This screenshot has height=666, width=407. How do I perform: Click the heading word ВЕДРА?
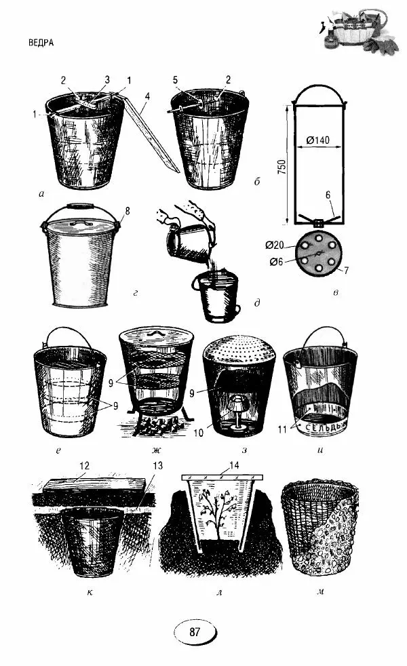[41, 43]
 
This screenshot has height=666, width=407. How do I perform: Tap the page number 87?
[194, 631]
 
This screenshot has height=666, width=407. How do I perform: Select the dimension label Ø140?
[317, 140]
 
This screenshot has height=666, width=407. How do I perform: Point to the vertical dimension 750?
[284, 168]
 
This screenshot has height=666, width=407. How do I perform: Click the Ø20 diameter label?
[275, 245]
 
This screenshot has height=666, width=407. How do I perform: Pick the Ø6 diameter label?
[276, 262]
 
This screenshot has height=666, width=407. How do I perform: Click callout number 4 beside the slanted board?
[147, 96]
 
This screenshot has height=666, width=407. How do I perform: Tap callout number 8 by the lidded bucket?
[128, 212]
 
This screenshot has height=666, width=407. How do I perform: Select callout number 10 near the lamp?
[198, 433]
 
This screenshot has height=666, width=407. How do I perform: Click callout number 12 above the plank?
[84, 466]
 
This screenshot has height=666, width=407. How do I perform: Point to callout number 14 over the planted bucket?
[233, 465]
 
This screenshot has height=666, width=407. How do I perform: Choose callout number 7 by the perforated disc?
[346, 270]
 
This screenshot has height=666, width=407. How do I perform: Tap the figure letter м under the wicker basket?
[320, 591]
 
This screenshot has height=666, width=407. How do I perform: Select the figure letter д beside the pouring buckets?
[257, 303]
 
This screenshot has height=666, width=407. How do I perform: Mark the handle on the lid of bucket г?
[81, 222]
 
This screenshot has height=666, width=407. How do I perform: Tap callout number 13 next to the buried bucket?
[157, 466]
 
